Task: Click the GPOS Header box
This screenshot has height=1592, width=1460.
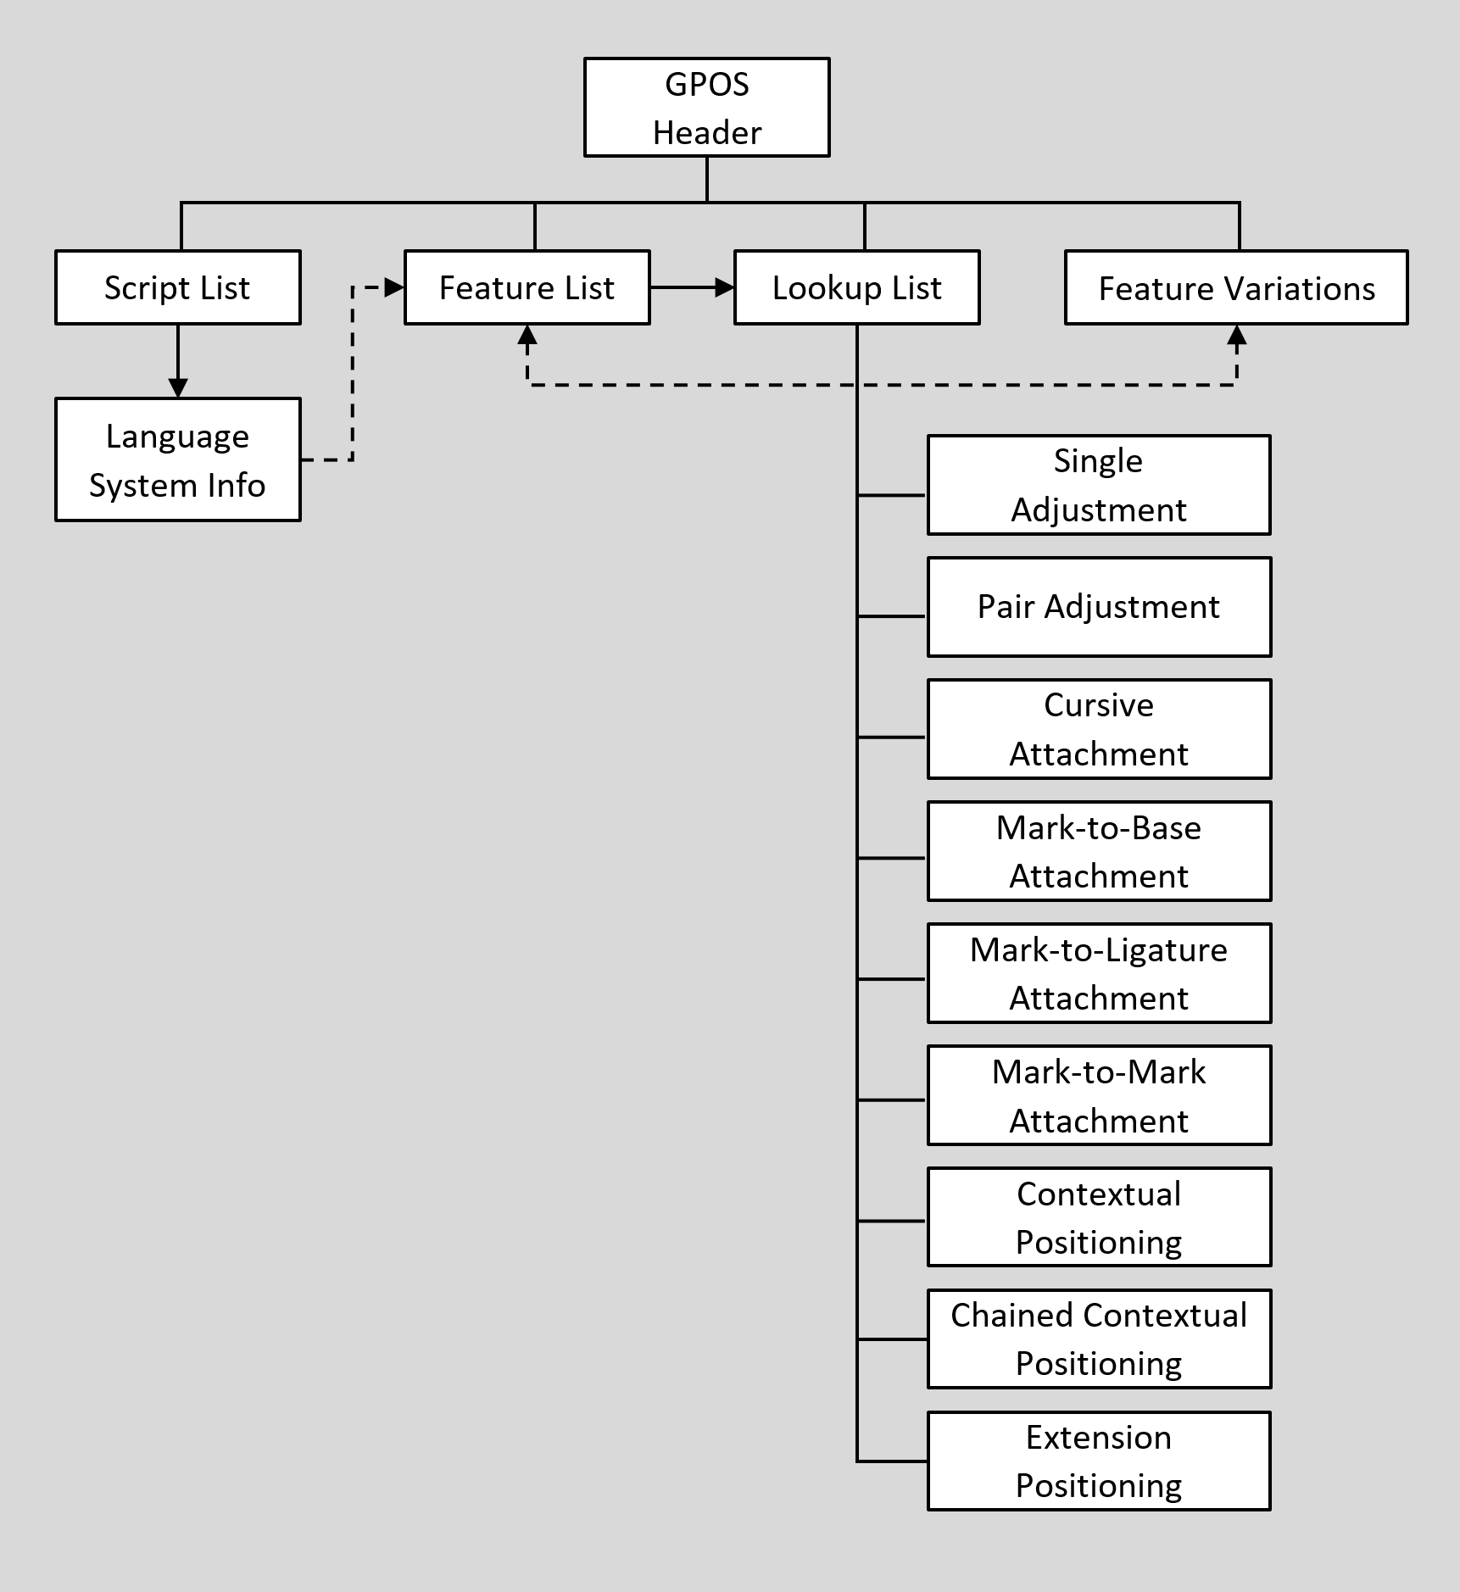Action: pyautogui.click(x=706, y=108)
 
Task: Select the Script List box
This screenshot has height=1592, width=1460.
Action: pyautogui.click(x=177, y=287)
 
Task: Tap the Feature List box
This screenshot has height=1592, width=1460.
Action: pyautogui.click(x=527, y=287)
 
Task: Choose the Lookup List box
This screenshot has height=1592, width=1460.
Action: pyautogui.click(x=856, y=287)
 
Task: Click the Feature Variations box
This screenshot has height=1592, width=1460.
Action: pyautogui.click(x=1236, y=287)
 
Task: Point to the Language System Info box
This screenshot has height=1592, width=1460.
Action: pyautogui.click(x=177, y=459)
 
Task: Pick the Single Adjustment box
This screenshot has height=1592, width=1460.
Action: pyautogui.click(x=1099, y=485)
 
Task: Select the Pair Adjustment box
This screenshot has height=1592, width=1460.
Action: pyautogui.click(x=1099, y=607)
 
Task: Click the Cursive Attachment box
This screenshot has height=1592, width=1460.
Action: pyautogui.click(x=1099, y=729)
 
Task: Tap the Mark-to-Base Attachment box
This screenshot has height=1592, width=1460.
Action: pyautogui.click(x=1099, y=851)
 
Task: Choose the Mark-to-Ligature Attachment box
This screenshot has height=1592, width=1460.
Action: pyautogui.click(x=1099, y=973)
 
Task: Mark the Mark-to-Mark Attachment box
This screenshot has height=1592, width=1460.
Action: pyautogui.click(x=1099, y=1095)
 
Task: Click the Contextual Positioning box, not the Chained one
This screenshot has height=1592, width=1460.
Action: pyautogui.click(x=1099, y=1217)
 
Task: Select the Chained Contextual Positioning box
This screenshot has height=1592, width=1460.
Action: pyautogui.click(x=1099, y=1339)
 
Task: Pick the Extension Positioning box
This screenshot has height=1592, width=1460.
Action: pyautogui.click(x=1099, y=1461)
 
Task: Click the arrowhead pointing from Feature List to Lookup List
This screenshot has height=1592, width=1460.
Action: pyautogui.click(x=724, y=288)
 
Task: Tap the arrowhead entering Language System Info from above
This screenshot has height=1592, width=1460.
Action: pyautogui.click(x=177, y=388)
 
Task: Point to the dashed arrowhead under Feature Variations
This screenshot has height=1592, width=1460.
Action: pyautogui.click(x=1237, y=336)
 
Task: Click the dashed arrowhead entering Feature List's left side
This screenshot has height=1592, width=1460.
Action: pyautogui.click(x=394, y=288)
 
